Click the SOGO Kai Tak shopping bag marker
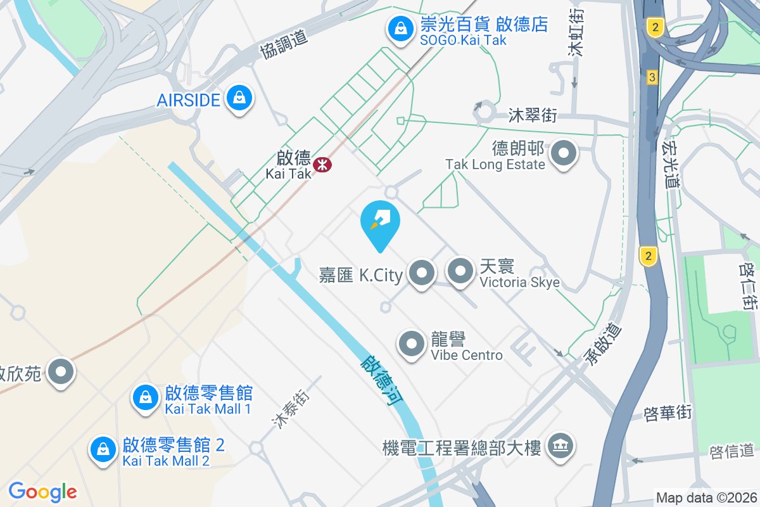point(400,29)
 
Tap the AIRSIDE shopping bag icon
point(240,98)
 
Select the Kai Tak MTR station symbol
point(322,165)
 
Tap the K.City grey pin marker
point(422,273)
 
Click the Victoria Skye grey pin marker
point(460,271)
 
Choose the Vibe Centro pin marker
point(412,344)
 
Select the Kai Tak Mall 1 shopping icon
point(146,398)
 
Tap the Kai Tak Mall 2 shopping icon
point(103,449)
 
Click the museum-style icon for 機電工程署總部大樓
point(560,446)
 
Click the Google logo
point(42,492)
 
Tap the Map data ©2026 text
point(706,497)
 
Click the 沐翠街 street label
point(533,115)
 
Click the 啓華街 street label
point(668,413)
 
